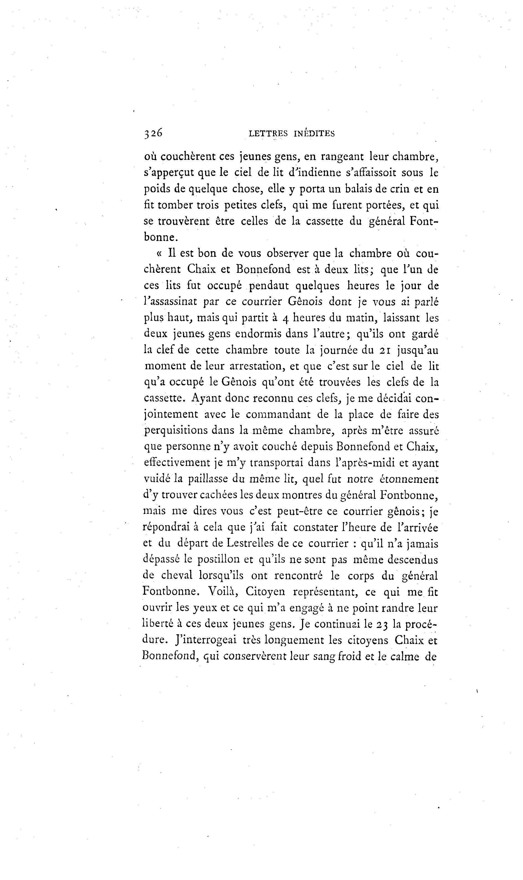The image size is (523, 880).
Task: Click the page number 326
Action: (x=153, y=133)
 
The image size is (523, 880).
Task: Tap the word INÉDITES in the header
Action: (x=314, y=134)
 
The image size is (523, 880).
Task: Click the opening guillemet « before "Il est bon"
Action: (x=160, y=253)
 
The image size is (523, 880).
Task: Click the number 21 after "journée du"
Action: (x=386, y=350)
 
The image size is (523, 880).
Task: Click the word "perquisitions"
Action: (x=176, y=430)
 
